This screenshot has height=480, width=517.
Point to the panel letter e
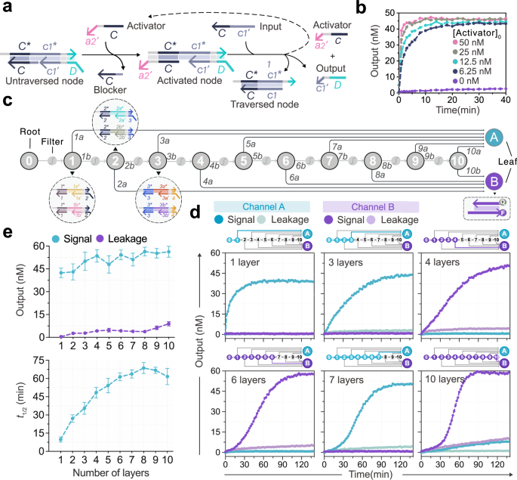tap(7, 228)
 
